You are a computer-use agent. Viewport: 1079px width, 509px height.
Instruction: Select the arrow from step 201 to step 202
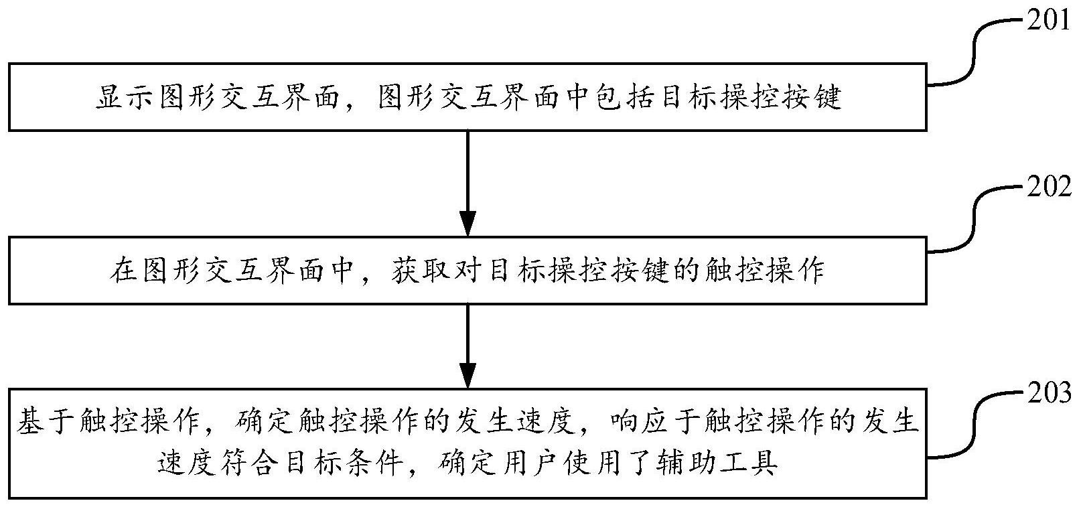click(467, 184)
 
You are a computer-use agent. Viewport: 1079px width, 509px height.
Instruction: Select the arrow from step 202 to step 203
click(467, 346)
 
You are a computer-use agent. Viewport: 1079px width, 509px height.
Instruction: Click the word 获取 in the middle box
click(420, 271)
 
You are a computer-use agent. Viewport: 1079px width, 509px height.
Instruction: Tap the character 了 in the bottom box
click(641, 463)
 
